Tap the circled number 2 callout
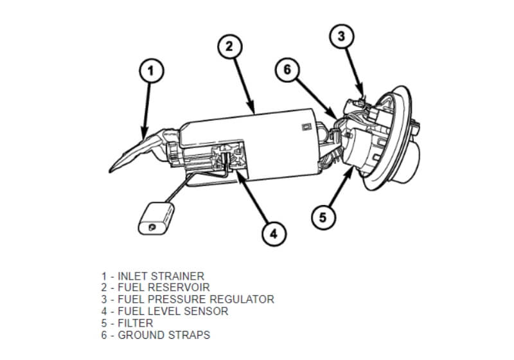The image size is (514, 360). (x=229, y=46)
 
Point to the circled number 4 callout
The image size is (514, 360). (x=273, y=234)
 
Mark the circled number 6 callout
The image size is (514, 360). (x=287, y=70)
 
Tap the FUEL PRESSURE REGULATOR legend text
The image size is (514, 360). (x=187, y=300)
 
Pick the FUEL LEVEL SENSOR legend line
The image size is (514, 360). (x=164, y=311)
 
